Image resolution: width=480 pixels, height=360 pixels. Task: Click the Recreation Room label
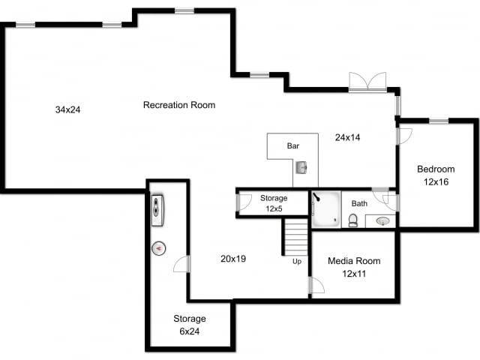pos(179,105)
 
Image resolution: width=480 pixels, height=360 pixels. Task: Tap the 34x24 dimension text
pos(67,109)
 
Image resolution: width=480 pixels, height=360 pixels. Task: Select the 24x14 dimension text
pos(348,137)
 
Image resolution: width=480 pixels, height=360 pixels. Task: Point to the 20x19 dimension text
pos(233,258)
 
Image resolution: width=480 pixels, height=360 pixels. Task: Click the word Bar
pos(292,145)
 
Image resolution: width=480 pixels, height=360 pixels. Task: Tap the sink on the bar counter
pos(301,167)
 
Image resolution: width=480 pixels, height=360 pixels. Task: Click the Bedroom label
pos(436,169)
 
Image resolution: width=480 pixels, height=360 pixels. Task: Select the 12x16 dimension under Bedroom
pos(436,181)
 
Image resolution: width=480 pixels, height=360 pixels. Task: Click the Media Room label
pos(354,261)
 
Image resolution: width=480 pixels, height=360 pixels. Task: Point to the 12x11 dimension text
pos(353,274)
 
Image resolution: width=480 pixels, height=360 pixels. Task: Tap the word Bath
pos(360,203)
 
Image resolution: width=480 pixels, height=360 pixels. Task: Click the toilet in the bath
pos(352,220)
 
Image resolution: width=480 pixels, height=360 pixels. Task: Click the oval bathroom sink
pos(382,221)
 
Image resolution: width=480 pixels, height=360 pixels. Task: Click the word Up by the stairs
pos(297,262)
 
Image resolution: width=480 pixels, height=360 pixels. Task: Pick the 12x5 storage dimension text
pos(273,208)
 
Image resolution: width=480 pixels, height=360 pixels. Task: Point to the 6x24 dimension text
pos(189,331)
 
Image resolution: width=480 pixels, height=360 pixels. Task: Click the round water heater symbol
pos(159,248)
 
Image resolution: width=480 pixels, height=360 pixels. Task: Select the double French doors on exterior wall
pos(367,82)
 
